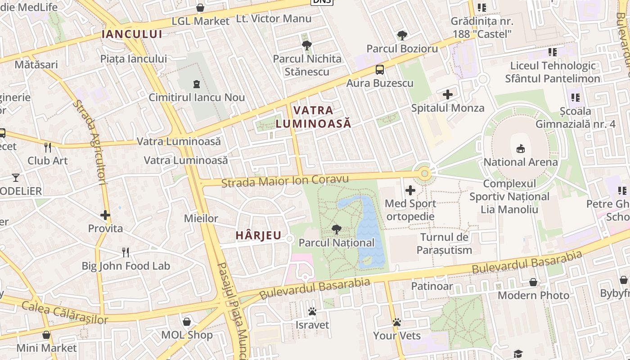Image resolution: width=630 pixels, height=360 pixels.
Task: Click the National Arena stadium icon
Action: tap(521, 148)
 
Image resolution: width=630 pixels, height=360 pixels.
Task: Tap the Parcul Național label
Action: tap(337, 243)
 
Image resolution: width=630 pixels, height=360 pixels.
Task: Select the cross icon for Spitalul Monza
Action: tap(448, 94)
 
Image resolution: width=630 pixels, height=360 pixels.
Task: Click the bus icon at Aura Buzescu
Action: tap(380, 70)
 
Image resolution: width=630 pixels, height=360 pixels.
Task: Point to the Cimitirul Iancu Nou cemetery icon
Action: tap(197, 84)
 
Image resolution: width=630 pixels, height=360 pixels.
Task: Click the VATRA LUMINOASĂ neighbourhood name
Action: tap(313, 117)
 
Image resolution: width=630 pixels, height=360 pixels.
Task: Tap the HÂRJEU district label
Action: tap(259, 235)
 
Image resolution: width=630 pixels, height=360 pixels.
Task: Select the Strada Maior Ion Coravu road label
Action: tap(285, 181)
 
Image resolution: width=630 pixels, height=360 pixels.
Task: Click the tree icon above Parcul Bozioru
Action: tap(402, 35)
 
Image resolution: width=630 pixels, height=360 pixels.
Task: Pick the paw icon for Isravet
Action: tap(312, 311)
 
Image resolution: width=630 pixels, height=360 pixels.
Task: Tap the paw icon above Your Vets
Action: tap(396, 322)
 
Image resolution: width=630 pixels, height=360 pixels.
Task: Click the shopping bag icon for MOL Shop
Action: tap(187, 322)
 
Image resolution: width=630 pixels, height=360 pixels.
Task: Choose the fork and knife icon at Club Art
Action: tap(48, 147)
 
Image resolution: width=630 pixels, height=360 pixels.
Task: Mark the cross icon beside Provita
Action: tap(105, 215)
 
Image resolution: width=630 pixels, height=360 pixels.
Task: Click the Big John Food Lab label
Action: tap(126, 266)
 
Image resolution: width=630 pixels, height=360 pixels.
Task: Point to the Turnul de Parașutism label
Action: tap(445, 243)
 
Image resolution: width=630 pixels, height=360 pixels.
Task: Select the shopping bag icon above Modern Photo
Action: tap(533, 282)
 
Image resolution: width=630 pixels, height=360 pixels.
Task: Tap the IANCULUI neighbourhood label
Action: tap(132, 34)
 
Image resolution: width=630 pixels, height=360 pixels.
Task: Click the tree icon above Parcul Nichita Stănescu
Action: tap(307, 45)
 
